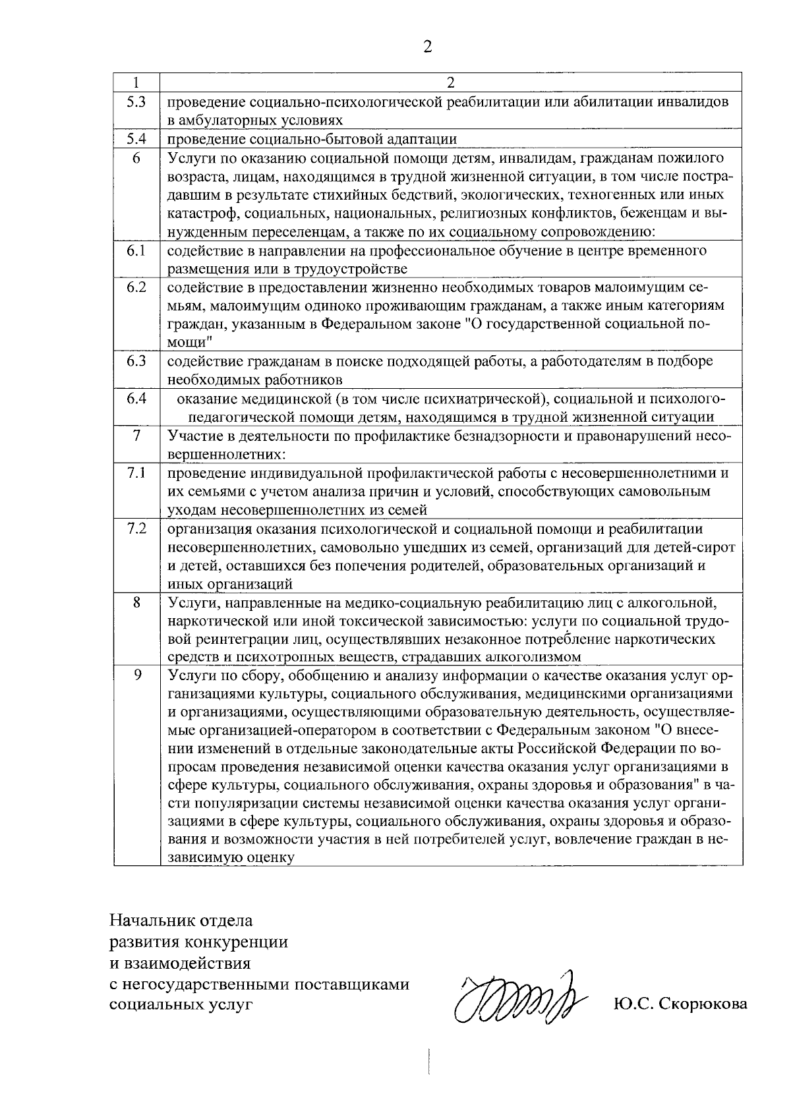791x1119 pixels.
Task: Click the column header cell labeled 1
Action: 136,82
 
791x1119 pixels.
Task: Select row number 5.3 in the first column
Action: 136,102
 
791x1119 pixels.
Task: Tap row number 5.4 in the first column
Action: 136,138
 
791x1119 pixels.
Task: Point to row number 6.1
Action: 136,250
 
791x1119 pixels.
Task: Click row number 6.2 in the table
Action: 136,287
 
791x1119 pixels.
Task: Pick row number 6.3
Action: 136,361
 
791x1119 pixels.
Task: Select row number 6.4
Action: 136,398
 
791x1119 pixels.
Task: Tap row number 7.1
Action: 136,473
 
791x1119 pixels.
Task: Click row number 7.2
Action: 136,529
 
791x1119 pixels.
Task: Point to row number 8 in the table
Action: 136,602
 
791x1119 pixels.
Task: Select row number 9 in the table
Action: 136,675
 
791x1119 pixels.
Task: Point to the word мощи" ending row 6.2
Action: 189,343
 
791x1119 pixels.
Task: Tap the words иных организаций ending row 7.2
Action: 230,584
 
